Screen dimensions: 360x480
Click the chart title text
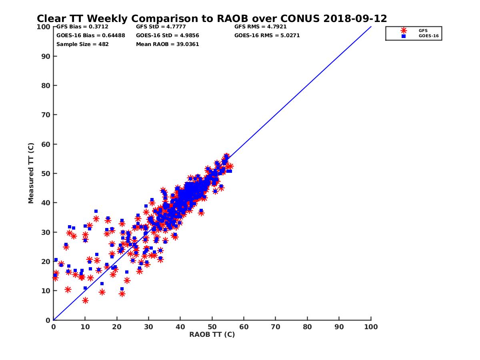click(x=212, y=19)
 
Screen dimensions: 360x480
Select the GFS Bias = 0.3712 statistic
click(x=79, y=27)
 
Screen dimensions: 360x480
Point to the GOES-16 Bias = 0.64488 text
click(x=91, y=36)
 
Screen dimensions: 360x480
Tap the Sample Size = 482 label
click(x=82, y=44)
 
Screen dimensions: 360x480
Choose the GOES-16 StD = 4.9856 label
click(x=168, y=36)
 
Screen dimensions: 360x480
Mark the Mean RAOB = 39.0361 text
click(x=168, y=44)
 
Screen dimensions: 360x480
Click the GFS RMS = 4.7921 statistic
click(x=260, y=27)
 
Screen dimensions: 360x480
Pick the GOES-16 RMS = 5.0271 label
click(x=267, y=36)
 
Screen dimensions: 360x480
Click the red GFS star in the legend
click(x=404, y=30)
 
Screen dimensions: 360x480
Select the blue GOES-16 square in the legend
click(x=404, y=36)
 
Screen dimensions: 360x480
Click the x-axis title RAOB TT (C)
click(x=212, y=334)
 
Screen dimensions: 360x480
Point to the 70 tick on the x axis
click(x=276, y=326)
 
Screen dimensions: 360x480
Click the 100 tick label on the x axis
click(x=371, y=326)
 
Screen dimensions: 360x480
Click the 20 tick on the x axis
click(x=117, y=326)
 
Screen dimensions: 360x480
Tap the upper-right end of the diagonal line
click(x=371, y=27)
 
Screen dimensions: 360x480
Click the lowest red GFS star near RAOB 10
click(x=85, y=300)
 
